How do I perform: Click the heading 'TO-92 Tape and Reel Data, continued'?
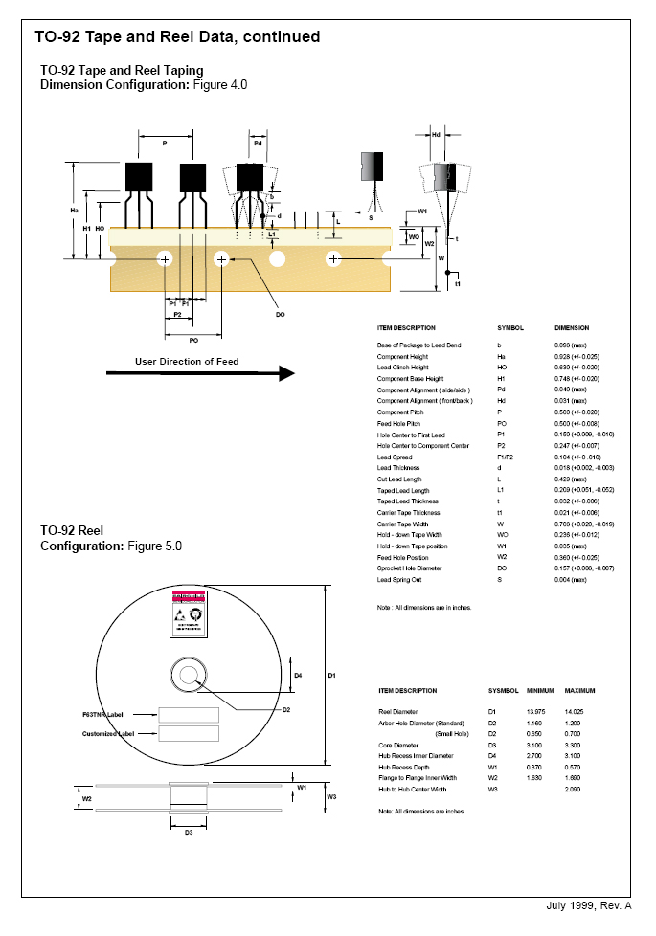pos(177,37)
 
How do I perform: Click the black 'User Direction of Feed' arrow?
pos(200,373)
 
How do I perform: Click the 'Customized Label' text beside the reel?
pos(108,733)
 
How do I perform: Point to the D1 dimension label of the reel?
pos(331,676)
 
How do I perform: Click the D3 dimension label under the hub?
pos(189,832)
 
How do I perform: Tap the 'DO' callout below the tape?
pos(280,314)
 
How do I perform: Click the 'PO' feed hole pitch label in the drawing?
pos(193,339)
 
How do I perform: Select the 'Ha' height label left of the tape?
pos(75,211)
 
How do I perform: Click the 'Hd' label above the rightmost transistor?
pos(436,135)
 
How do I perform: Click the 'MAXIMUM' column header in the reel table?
pos(579,690)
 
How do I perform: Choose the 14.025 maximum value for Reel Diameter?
pos(575,712)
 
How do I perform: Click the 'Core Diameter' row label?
pos(399,744)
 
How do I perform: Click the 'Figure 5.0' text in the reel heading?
pos(154,546)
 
